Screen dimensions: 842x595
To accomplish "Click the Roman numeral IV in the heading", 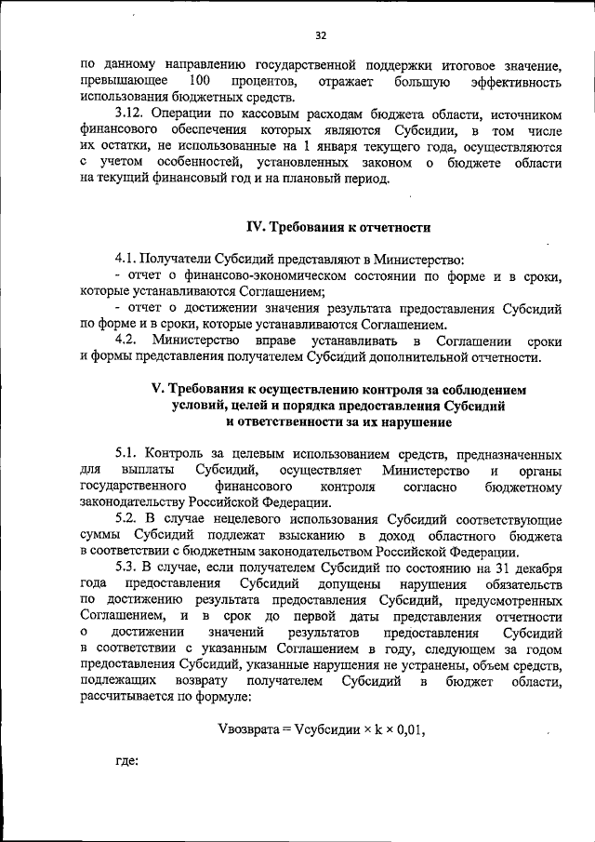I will (x=255, y=227).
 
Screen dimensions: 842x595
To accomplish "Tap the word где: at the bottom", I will (x=126, y=761).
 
